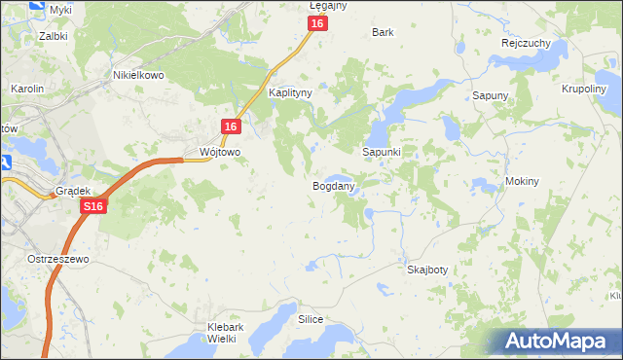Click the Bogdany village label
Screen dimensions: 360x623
click(x=333, y=185)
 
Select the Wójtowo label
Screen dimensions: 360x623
click(x=219, y=153)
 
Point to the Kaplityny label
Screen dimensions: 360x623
click(x=289, y=93)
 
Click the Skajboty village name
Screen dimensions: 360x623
click(x=427, y=270)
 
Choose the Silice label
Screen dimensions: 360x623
click(x=311, y=319)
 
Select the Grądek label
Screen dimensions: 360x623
click(x=72, y=192)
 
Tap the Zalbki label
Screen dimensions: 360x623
click(x=53, y=36)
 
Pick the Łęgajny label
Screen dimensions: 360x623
click(x=328, y=6)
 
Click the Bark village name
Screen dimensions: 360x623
click(x=383, y=32)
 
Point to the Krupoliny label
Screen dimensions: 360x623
click(x=585, y=89)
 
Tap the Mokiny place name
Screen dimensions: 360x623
click(x=523, y=182)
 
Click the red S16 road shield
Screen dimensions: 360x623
click(x=93, y=207)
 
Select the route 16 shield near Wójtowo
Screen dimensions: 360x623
click(x=230, y=127)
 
